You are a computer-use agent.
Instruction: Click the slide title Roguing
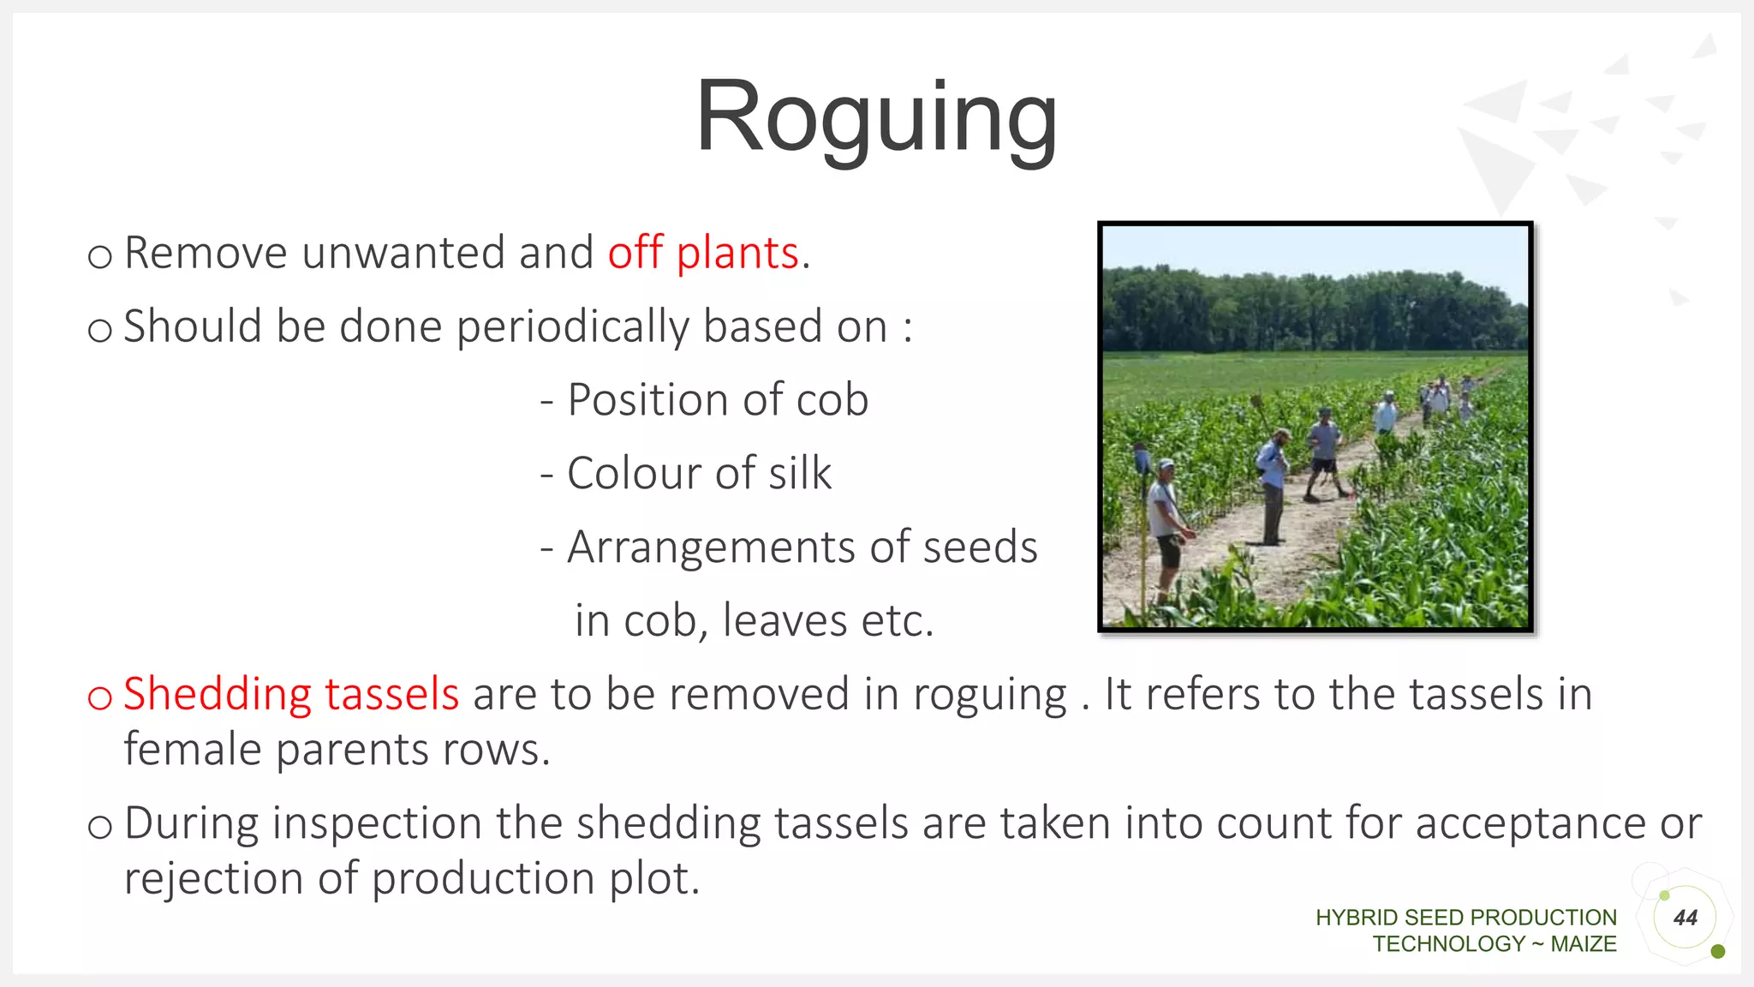pyautogui.click(x=876, y=117)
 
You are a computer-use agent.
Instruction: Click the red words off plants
pyautogui.click(x=703, y=253)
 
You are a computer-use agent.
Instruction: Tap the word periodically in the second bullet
pyautogui.click(x=571, y=327)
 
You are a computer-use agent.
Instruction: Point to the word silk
pyautogui.click(x=799, y=474)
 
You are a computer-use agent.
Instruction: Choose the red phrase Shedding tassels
pyautogui.click(x=291, y=694)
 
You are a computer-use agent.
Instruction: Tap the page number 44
pyautogui.click(x=1685, y=918)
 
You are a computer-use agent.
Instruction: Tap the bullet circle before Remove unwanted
pyautogui.click(x=99, y=256)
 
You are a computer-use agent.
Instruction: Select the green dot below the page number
pyautogui.click(x=1717, y=951)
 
